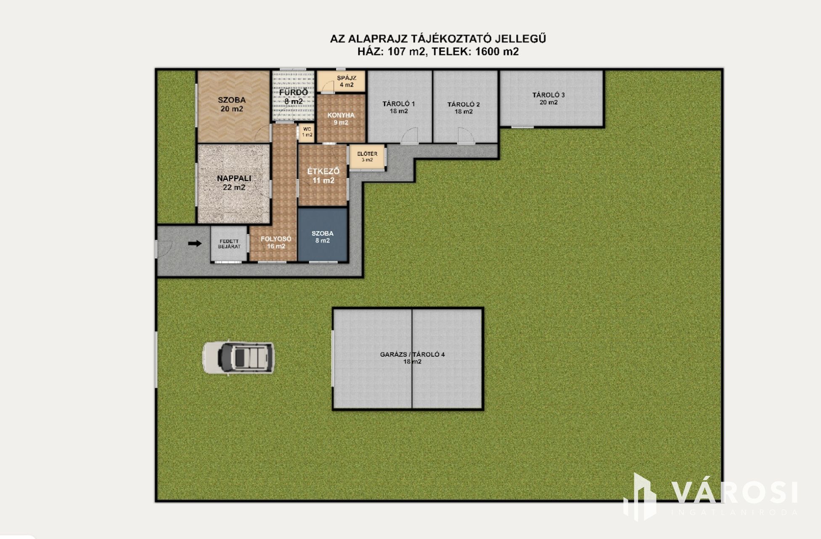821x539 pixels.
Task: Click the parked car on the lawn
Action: [x=238, y=358]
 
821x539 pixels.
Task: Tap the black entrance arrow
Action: [x=195, y=243]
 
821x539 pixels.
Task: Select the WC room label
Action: [x=307, y=132]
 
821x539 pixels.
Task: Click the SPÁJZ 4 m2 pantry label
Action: [x=347, y=81]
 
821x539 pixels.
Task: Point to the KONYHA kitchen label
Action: [x=341, y=119]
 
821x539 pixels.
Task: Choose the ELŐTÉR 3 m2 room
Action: [x=367, y=157]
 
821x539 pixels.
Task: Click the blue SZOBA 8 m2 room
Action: [x=323, y=235]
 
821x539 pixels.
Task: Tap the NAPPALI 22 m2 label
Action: [x=234, y=183]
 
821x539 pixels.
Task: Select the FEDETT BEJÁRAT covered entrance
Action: [x=229, y=244]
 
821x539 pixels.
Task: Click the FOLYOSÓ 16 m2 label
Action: [x=276, y=242]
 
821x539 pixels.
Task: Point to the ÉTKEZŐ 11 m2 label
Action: [x=323, y=176]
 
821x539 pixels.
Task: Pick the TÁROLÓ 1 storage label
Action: [x=399, y=107]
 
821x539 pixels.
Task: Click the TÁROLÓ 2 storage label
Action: [x=463, y=108]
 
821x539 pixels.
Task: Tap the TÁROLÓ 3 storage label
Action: [x=548, y=98]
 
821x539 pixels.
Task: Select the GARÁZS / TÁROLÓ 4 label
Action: [x=412, y=358]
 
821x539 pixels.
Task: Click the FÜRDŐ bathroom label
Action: [x=293, y=96]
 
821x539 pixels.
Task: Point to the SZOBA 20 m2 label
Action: [x=232, y=104]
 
